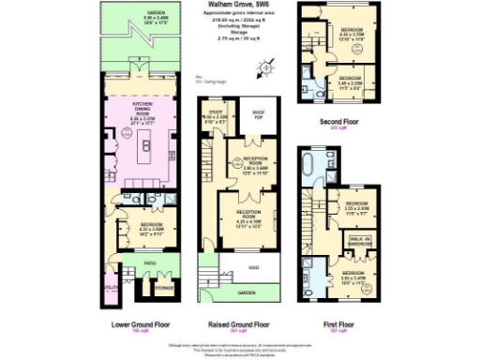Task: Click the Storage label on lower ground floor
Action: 163,288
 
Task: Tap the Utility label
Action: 111,287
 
